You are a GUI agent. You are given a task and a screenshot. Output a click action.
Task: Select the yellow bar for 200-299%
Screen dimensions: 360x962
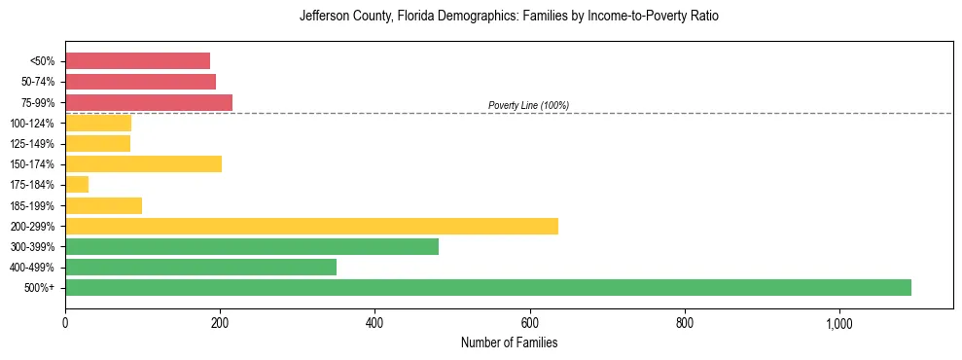pyautogui.click(x=311, y=226)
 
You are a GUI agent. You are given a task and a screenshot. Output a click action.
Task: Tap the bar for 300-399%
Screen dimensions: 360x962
pyautogui.click(x=252, y=246)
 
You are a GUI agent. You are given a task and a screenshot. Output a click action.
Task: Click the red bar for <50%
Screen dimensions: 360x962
pyautogui.click(x=137, y=60)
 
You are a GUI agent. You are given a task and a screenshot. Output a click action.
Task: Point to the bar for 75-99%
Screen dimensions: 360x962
pyautogui.click(x=149, y=102)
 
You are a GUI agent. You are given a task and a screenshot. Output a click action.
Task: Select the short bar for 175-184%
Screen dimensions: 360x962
pyautogui.click(x=77, y=184)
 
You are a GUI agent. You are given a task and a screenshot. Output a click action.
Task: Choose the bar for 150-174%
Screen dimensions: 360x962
pyautogui.click(x=143, y=163)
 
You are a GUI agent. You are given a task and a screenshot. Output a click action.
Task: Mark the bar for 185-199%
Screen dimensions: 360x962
pyautogui.click(x=103, y=205)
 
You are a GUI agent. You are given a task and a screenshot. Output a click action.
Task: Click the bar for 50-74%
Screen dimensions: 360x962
pyautogui.click(x=140, y=81)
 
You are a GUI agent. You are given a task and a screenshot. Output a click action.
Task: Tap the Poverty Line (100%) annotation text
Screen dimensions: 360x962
pyautogui.click(x=528, y=105)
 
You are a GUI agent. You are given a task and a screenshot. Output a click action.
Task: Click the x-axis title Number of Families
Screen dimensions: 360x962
pyautogui.click(x=509, y=342)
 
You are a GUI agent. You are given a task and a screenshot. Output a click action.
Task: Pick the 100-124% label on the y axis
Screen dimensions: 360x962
pyautogui.click(x=32, y=123)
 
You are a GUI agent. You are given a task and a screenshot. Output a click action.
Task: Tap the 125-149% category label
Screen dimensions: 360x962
pyautogui.click(x=32, y=143)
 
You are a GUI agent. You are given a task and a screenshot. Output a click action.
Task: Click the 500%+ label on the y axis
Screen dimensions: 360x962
pyautogui.click(x=39, y=288)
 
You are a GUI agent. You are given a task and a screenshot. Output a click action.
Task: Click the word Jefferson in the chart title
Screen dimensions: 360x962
pyautogui.click(x=327, y=17)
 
